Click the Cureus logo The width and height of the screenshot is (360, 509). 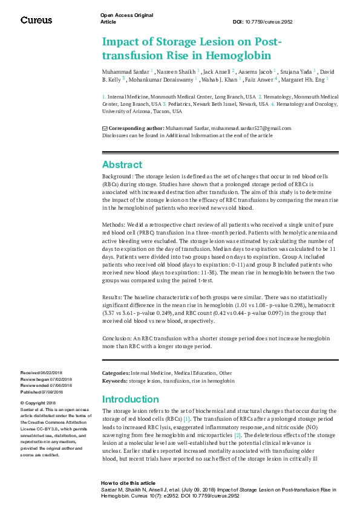(x=36, y=20)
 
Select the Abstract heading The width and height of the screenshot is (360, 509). (x=122, y=164)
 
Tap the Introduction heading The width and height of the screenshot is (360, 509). (x=131, y=399)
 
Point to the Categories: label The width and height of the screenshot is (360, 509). (x=116, y=374)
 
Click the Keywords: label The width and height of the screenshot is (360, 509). (x=114, y=381)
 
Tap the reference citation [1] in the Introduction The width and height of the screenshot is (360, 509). (x=187, y=418)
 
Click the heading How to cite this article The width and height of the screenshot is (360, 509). (x=128, y=483)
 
